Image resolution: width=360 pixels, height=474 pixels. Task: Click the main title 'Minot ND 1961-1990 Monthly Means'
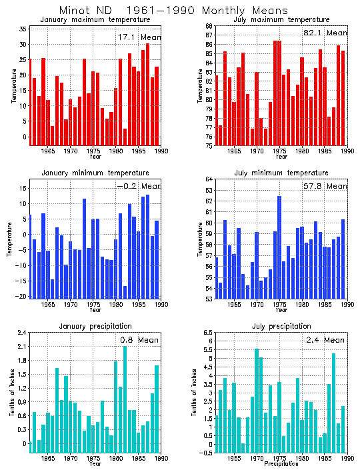[173, 11]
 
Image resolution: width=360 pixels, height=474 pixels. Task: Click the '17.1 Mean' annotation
[139, 37]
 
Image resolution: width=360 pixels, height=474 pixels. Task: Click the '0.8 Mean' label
[139, 340]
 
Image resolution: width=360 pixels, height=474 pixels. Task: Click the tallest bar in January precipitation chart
[125, 396]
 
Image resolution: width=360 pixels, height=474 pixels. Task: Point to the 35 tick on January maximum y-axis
[23, 29]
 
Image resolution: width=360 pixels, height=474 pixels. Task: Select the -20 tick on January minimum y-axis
[21, 297]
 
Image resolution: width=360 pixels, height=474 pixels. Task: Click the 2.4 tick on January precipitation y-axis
[22, 332]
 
